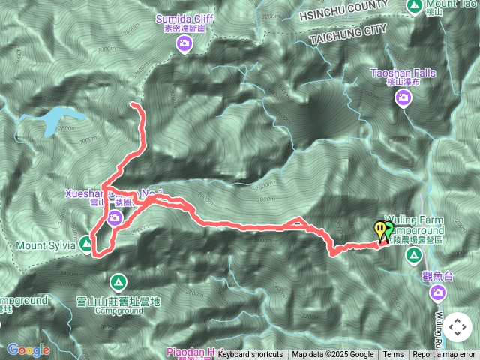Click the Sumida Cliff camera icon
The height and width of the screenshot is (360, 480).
184,45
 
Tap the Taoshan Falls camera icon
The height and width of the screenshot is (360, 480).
403,97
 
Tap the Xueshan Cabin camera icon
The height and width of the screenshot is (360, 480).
115,218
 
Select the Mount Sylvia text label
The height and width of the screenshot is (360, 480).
45,244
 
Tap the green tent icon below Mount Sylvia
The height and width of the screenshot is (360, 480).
118,283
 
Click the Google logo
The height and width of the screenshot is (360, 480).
28,349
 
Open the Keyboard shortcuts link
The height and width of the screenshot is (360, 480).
250,355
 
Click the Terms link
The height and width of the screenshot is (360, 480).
393,355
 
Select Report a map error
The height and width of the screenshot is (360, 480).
445,355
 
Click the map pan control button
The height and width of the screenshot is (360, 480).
457,327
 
